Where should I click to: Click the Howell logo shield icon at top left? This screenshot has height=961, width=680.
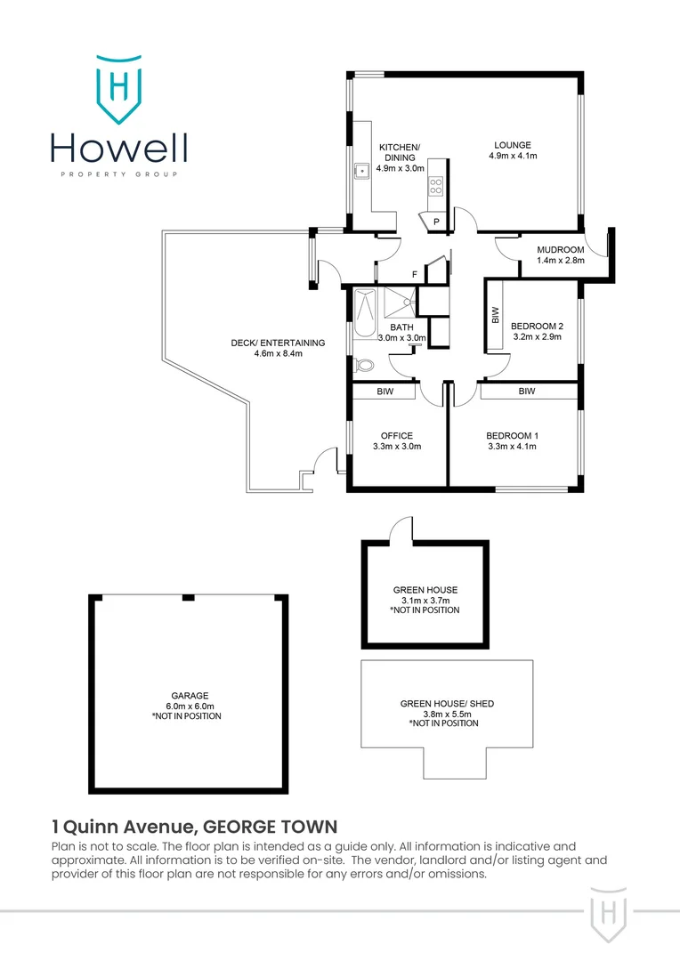[117, 87]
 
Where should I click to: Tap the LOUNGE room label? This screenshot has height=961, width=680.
[513, 145]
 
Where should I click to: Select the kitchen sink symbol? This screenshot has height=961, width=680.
[362, 170]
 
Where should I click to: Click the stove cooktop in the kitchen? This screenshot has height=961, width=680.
[436, 186]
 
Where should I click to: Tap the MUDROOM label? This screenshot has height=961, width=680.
[561, 249]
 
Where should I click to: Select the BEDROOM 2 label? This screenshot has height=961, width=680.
[537, 326]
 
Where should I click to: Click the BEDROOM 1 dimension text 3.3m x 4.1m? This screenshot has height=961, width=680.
[513, 447]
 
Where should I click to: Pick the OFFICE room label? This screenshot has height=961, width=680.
[397, 435]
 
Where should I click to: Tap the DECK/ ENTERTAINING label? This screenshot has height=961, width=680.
[279, 343]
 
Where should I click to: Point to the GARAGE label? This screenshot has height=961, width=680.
[189, 696]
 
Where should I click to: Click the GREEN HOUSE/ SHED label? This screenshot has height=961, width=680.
[447, 704]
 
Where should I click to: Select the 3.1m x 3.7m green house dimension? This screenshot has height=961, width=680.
[425, 601]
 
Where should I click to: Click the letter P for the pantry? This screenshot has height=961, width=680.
[437, 222]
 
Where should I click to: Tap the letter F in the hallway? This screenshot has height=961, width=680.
[414, 274]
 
